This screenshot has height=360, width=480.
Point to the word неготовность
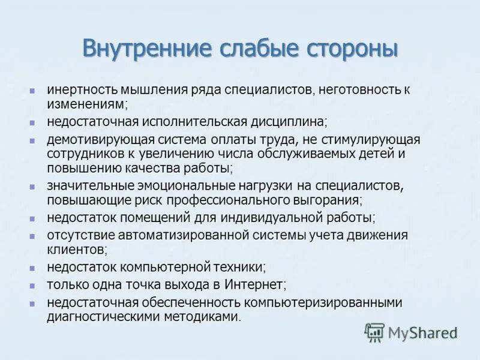pos(356,90)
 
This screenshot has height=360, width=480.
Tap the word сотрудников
pos(84,154)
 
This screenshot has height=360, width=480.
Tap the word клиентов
pos(76,248)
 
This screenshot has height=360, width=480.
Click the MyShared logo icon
pos(374,331)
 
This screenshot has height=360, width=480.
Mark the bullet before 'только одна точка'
pos(34,284)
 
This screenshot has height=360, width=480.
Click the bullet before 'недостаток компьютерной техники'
pos(34,266)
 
